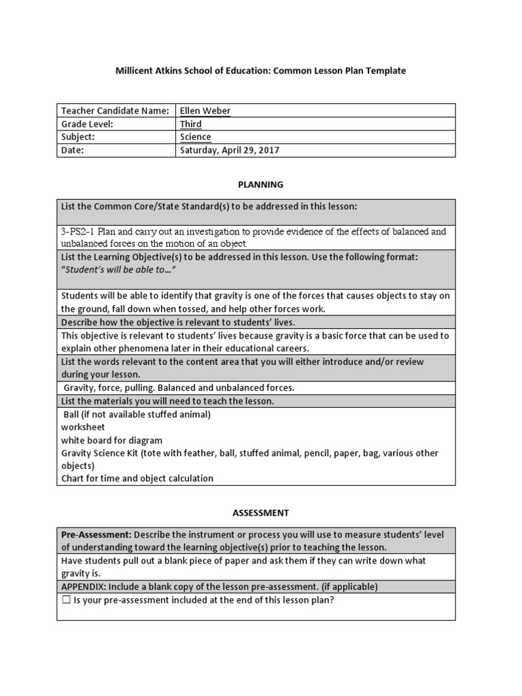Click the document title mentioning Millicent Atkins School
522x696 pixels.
pos(260,71)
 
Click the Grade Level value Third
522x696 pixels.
pos(190,124)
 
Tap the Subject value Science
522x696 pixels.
pos(195,137)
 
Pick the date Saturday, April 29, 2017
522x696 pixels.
pos(229,150)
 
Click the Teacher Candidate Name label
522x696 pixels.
pos(115,111)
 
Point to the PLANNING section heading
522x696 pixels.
pos(260,184)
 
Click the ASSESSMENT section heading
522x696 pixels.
pos(260,512)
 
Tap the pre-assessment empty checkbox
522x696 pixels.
pos(66,601)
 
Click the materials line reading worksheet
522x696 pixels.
pos(83,427)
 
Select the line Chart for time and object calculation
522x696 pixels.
pos(137,478)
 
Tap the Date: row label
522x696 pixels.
pos(73,150)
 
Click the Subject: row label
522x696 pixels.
pos(78,137)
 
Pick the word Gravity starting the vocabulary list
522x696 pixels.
pos(80,388)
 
